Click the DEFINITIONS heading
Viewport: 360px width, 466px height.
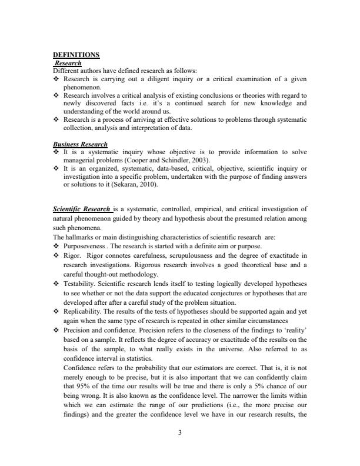pos(76,55)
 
